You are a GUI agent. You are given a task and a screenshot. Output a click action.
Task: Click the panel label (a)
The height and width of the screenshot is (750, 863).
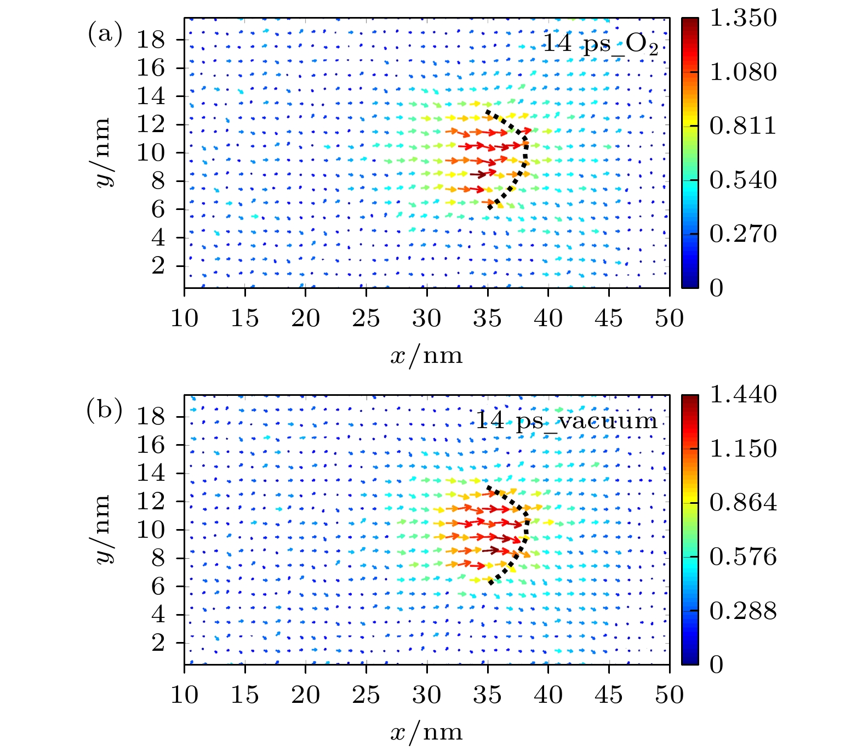tap(105, 35)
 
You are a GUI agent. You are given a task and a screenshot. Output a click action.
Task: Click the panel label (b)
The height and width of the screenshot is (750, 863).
tap(105, 412)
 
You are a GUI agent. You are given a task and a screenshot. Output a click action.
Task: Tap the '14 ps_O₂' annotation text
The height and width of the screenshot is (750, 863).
tap(601, 43)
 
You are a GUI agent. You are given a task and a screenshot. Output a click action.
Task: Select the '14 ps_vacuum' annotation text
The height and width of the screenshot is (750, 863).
tap(566, 421)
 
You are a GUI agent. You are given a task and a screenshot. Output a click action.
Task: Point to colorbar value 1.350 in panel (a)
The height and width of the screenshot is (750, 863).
tap(743, 18)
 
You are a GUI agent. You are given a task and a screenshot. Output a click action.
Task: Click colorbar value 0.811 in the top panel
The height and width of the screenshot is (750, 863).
tap(743, 126)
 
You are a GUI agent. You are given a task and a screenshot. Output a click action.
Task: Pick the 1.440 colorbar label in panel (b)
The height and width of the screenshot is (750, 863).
tap(743, 395)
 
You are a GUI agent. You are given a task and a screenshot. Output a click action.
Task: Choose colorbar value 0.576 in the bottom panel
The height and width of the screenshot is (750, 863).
tap(743, 557)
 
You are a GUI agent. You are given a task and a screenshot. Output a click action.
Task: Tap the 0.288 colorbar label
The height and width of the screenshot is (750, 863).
tap(743, 611)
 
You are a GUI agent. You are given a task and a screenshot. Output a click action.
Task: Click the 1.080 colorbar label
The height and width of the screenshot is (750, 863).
tap(743, 72)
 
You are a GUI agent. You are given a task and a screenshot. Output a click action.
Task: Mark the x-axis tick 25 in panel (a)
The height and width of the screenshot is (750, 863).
tap(366, 318)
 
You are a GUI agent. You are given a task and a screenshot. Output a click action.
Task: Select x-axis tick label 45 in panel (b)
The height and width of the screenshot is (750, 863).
tap(609, 695)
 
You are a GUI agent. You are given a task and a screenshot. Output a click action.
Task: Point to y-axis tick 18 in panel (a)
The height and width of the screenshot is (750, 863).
tap(151, 39)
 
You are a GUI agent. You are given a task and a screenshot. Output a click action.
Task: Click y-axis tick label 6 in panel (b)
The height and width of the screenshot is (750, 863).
tap(158, 586)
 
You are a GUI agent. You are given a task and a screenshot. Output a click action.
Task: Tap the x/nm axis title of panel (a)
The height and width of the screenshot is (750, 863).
tap(426, 356)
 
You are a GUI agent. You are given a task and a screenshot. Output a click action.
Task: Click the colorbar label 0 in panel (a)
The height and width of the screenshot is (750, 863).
tap(717, 288)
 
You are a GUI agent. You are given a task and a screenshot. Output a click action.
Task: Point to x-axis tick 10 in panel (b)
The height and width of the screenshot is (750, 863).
tap(184, 695)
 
